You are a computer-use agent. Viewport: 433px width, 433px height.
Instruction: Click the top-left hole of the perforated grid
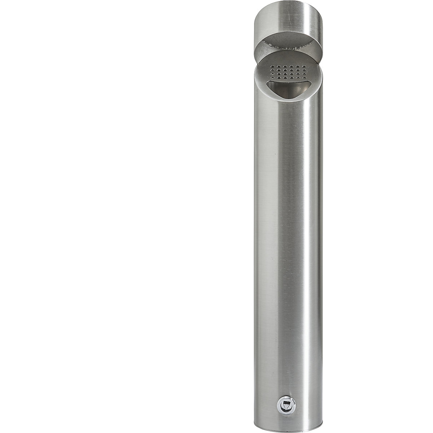point(272,66)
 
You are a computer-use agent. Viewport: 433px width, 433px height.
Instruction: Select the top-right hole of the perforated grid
point(304,67)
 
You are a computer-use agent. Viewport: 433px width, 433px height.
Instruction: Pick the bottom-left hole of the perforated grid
point(272,78)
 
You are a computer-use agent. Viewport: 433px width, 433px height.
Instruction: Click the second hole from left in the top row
point(279,66)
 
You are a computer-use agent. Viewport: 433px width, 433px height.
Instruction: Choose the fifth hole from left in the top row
point(298,67)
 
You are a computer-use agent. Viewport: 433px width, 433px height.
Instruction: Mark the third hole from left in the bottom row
point(285,78)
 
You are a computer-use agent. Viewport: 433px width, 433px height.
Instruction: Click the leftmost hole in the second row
point(272,70)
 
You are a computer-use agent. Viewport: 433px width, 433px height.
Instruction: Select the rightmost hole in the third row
point(304,74)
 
